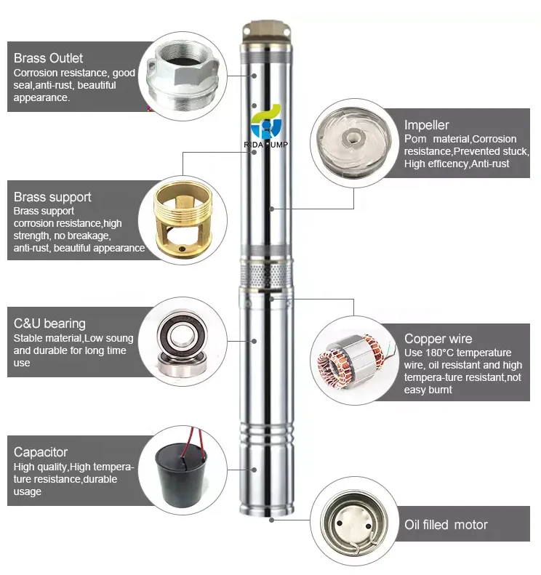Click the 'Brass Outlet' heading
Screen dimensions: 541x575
[x=48, y=58]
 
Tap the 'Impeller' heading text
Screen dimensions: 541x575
[x=426, y=125]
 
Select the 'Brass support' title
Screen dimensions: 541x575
[x=52, y=197]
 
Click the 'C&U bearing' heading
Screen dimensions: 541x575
[x=49, y=323]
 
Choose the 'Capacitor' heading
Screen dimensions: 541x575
[x=40, y=452]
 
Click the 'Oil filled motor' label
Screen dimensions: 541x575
[x=446, y=525]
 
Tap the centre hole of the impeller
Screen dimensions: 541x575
[x=353, y=138]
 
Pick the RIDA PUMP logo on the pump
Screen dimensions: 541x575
[x=266, y=126]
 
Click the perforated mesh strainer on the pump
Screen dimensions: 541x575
[x=266, y=274]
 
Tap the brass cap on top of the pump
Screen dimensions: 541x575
[x=266, y=32]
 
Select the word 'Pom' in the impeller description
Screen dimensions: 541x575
[x=415, y=139]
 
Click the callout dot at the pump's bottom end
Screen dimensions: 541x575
[x=272, y=520]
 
